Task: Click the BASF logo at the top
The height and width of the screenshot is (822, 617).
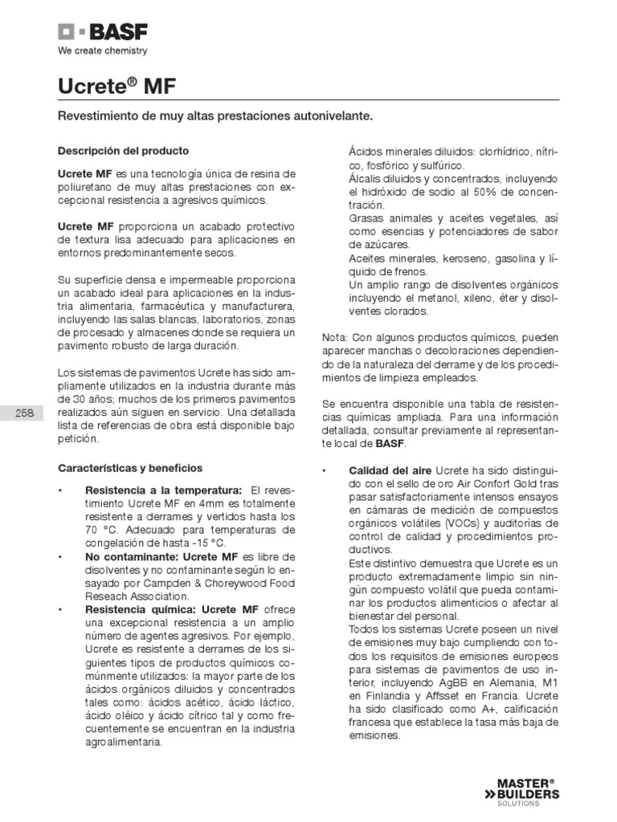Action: tap(102, 33)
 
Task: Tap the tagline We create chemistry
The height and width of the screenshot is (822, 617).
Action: tap(101, 51)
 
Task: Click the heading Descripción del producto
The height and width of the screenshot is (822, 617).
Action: tap(123, 150)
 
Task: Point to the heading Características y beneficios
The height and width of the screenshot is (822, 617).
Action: tap(131, 467)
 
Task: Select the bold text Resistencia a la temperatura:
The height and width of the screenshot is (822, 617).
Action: tap(163, 490)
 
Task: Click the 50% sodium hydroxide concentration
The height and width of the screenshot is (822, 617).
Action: tap(485, 193)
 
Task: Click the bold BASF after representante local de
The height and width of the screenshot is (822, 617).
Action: tap(392, 442)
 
